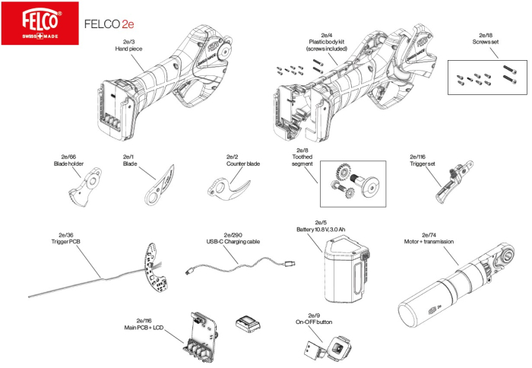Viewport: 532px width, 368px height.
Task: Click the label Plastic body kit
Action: click(326, 42)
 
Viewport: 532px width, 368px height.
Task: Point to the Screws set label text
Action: click(486, 42)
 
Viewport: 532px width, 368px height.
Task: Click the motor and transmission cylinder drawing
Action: click(456, 289)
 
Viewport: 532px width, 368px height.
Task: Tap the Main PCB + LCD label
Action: click(144, 328)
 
